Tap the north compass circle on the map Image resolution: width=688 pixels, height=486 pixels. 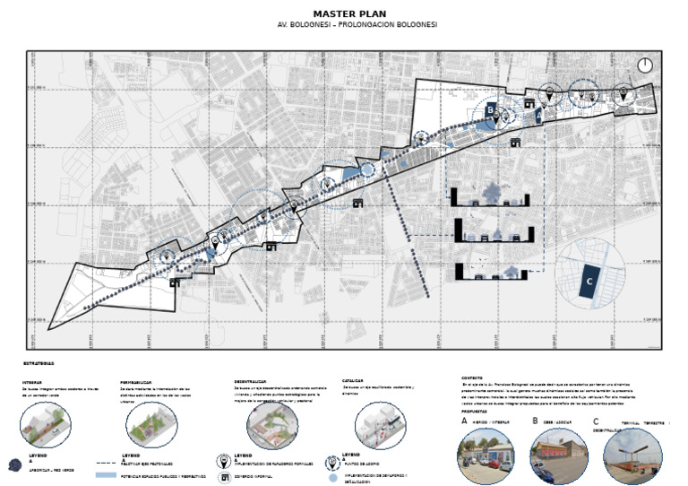pos(645,65)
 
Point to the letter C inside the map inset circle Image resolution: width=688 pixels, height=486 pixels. pos(589,282)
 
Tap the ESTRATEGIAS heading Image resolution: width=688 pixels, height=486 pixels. pos(39,363)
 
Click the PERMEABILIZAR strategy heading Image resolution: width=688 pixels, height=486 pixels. pos(139,380)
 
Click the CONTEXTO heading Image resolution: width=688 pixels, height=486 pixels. pos(473,378)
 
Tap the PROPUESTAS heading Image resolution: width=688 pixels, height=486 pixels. pos(476,412)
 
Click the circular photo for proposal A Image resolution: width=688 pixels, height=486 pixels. pos(486,456)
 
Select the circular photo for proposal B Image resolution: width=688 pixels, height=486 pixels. pos(560,456)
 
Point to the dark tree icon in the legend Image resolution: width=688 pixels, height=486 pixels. pos(14,464)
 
